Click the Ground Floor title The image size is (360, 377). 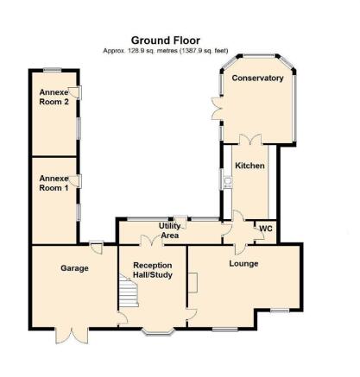pyautogui.click(x=166, y=41)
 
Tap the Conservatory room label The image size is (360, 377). pyautogui.click(x=257, y=78)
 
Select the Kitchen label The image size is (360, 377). pyautogui.click(x=249, y=166)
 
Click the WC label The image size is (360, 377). pyautogui.click(x=266, y=229)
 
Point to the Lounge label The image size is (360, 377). pyautogui.click(x=243, y=264)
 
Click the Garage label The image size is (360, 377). pyautogui.click(x=74, y=268)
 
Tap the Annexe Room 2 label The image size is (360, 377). pyautogui.click(x=54, y=97)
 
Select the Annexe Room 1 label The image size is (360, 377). pyautogui.click(x=54, y=183)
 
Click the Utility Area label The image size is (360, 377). pyautogui.click(x=170, y=230)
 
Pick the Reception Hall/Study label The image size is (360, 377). pyautogui.click(x=153, y=270)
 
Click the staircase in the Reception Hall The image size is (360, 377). pyautogui.click(x=129, y=291)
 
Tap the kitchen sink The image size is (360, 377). pyautogui.click(x=228, y=181)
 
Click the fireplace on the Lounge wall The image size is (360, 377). pyautogui.click(x=193, y=283)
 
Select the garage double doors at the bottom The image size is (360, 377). pyautogui.click(x=72, y=336)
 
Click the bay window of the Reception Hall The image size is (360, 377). pyautogui.click(x=159, y=332)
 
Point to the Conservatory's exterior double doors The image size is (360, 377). pyautogui.click(x=218, y=109)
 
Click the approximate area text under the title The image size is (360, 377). pyautogui.click(x=166, y=51)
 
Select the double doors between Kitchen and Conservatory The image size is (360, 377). pyautogui.click(x=250, y=140)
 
